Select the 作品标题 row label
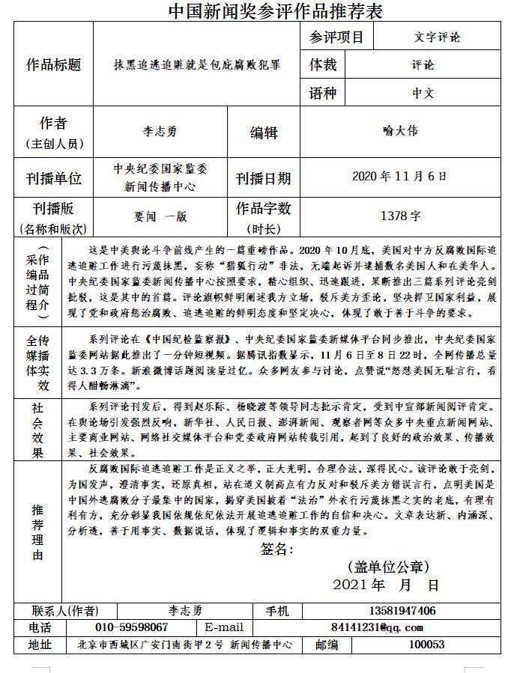(53, 64)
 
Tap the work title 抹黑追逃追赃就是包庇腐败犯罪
(196, 65)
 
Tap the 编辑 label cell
(264, 133)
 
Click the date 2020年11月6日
(399, 177)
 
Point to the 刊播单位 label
(53, 179)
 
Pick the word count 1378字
(400, 216)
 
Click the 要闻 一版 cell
(160, 217)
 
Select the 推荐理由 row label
(37, 532)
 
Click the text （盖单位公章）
(388, 566)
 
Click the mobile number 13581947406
(402, 611)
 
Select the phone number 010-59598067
(132, 627)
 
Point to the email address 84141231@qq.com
(377, 627)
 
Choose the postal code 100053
(426, 645)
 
